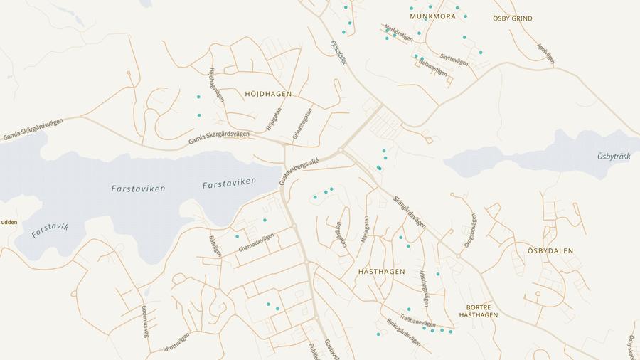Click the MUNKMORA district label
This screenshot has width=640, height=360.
[x=432, y=16]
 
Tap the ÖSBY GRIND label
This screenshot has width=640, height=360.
[x=512, y=18]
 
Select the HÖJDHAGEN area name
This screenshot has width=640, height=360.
[x=268, y=94]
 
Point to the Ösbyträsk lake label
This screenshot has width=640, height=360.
[x=614, y=157]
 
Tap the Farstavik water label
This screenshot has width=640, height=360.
[x=50, y=230]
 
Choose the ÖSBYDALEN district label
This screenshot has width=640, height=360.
[x=550, y=251]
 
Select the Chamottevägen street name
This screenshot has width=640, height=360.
[x=256, y=243]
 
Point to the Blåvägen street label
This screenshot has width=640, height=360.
[x=215, y=245]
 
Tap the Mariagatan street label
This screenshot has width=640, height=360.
[x=366, y=230]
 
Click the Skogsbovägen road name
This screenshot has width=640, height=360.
[x=469, y=230]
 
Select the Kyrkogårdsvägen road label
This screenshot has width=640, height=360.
[x=403, y=332]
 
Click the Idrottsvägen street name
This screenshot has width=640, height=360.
[x=176, y=342]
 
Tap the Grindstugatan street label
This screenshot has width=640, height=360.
[x=302, y=123]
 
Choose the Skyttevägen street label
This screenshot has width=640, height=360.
[x=454, y=60]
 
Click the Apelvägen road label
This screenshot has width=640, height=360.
[x=545, y=53]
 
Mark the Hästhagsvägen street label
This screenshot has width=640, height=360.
[x=424, y=288]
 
